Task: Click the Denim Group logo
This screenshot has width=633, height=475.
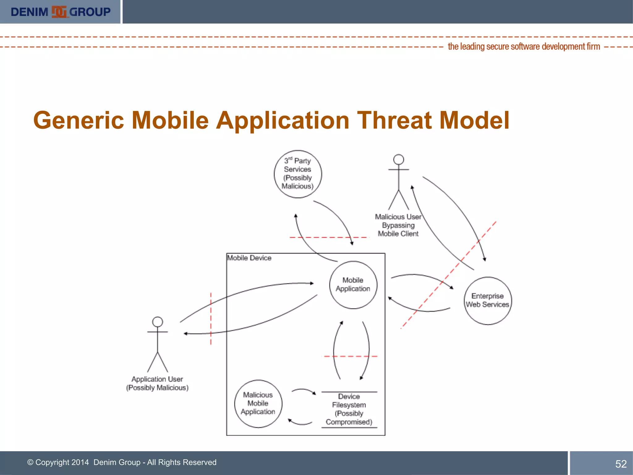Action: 60,12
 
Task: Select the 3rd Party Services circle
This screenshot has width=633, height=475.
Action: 298,174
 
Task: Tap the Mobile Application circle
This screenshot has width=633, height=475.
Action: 353,285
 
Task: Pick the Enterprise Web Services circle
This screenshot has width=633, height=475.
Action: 487,300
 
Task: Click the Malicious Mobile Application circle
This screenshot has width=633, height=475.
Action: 258,403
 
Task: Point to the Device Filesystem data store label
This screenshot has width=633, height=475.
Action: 349,409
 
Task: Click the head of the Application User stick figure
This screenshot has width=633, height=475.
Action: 158,322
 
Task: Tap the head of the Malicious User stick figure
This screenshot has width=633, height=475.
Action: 398,160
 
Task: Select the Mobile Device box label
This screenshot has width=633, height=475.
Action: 249,258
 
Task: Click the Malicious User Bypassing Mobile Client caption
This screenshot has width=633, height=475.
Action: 398,225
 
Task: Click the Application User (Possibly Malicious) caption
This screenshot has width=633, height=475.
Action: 157,383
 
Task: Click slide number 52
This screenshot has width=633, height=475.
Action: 621,464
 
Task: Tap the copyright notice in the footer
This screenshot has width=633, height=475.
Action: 122,462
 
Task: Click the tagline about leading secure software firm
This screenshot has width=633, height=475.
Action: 524,47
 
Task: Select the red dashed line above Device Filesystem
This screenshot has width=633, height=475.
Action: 350,356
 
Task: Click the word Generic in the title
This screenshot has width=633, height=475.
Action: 79,120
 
